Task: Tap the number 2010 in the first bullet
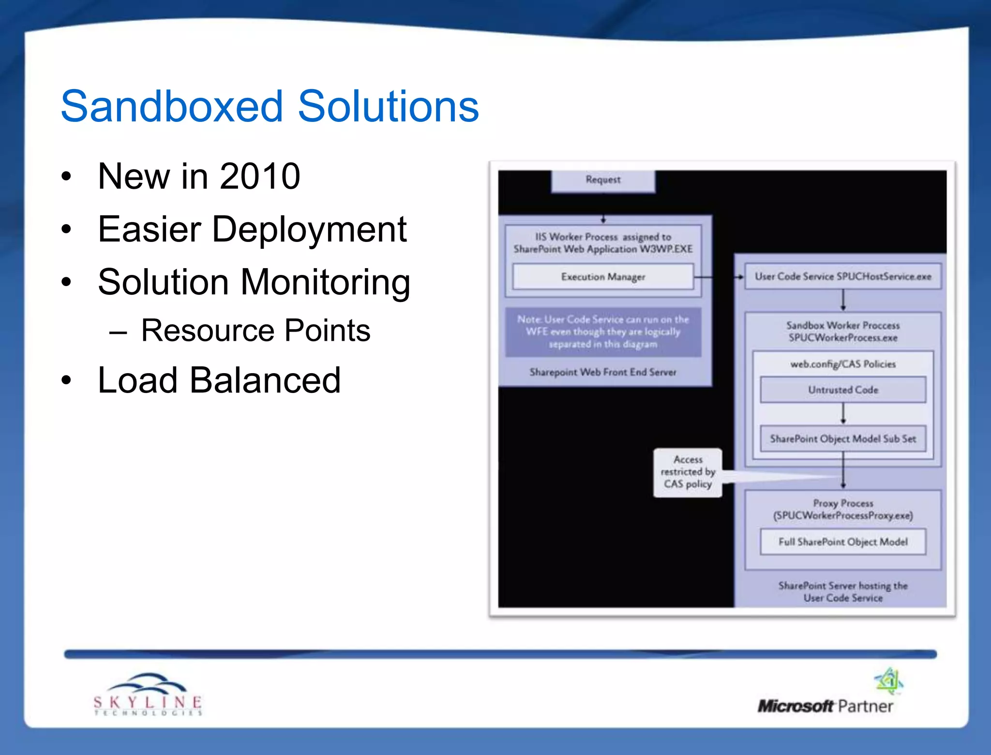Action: point(260,176)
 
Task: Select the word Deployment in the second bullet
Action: point(309,229)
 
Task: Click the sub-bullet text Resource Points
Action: point(255,331)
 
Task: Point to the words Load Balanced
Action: point(219,380)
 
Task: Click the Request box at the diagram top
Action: point(603,180)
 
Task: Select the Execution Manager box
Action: point(603,277)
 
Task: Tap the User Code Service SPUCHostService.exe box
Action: point(842,276)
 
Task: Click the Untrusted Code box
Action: point(842,390)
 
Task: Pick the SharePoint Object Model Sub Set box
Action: point(842,438)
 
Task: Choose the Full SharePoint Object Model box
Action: point(842,542)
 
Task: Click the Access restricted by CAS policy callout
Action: point(688,472)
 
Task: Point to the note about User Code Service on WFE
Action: point(603,332)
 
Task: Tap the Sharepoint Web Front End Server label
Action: point(603,372)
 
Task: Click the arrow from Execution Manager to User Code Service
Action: point(719,277)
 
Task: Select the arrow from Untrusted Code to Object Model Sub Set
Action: point(843,413)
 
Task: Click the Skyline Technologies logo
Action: point(148,695)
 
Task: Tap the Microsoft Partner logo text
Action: point(825,706)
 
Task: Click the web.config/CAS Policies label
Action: point(842,364)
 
